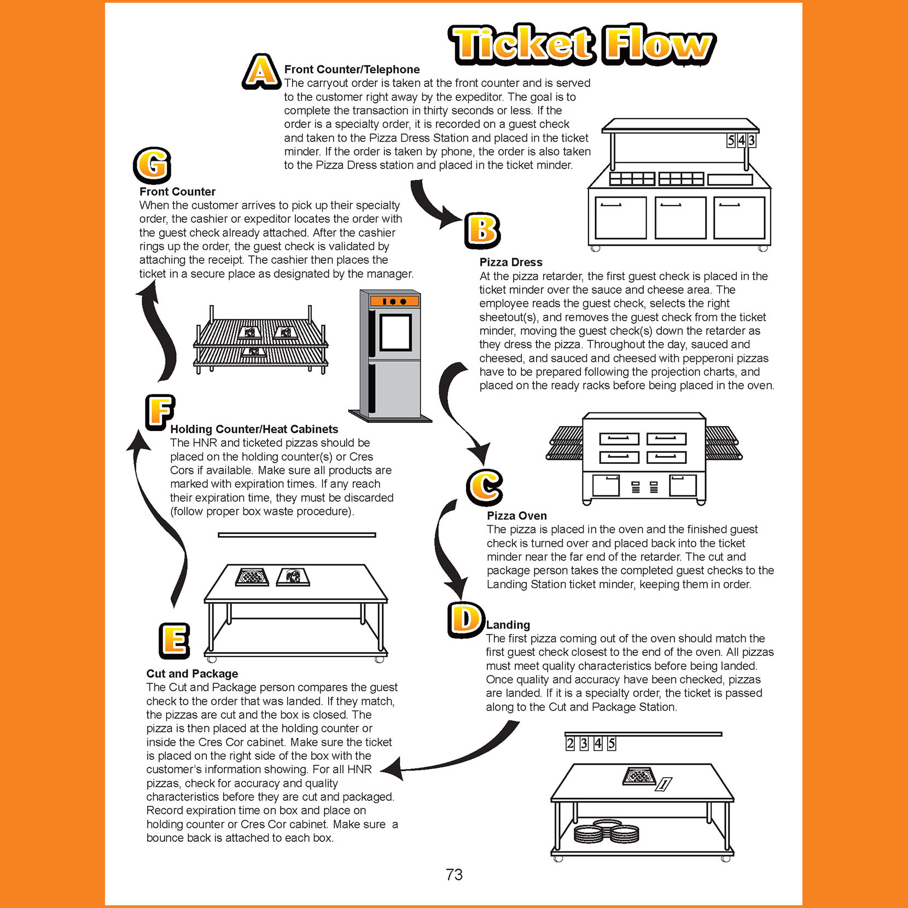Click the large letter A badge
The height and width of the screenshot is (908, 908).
pyautogui.click(x=261, y=72)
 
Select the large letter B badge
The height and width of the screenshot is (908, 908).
pyautogui.click(x=482, y=230)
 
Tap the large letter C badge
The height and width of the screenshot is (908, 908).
pyautogui.click(x=485, y=487)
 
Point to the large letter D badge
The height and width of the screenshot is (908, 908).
pyautogui.click(x=466, y=620)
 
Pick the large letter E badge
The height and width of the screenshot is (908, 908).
pyautogui.click(x=174, y=641)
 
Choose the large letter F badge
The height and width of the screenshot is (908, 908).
pyautogui.click(x=160, y=412)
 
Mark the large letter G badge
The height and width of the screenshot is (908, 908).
pyautogui.click(x=152, y=165)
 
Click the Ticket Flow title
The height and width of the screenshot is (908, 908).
pyautogui.click(x=582, y=44)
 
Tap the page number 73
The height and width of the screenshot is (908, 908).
pyautogui.click(x=454, y=875)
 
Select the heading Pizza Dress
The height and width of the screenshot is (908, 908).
pyautogui.click(x=511, y=263)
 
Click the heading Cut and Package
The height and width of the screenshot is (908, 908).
pyautogui.click(x=192, y=674)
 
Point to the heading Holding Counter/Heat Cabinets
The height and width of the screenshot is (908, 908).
pyautogui.click(x=254, y=429)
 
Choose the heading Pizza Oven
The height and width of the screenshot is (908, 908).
pyautogui.click(x=517, y=516)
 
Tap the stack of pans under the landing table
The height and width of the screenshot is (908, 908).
pyautogui.click(x=606, y=834)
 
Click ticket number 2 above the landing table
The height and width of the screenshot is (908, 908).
pyautogui.click(x=570, y=743)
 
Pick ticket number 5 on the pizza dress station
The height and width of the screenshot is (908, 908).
pyautogui.click(x=731, y=141)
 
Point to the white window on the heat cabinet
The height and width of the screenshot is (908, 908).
pyautogui.click(x=395, y=333)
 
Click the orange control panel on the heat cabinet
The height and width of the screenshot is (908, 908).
pyautogui.click(x=394, y=301)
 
